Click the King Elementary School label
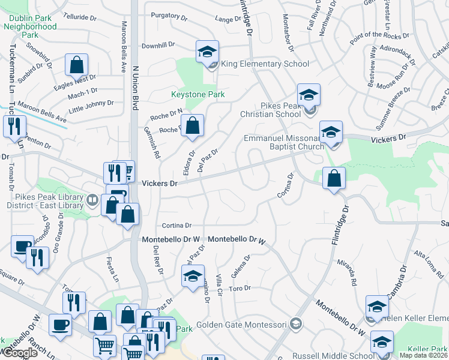pos(265,64)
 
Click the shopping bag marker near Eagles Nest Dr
pos(77,65)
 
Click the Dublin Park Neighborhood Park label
pos(30,26)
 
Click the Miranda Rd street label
pos(347,274)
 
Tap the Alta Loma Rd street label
pos(429,263)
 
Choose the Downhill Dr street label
pos(158,45)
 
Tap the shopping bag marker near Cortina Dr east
pos(334,178)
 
